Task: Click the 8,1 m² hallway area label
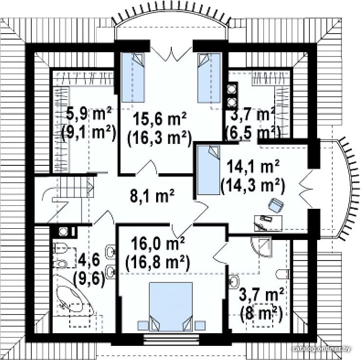152,196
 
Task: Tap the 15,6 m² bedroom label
160,120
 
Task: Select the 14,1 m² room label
253,167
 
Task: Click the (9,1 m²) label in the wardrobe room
89,133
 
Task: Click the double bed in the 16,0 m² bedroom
171,307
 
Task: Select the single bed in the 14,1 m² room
208,170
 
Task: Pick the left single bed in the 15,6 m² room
133,78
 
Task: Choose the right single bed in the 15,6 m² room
209,78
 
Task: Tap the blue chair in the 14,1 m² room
276,205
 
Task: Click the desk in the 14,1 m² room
268,223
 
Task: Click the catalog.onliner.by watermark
321,349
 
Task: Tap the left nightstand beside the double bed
143,326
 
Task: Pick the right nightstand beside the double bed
200,326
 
